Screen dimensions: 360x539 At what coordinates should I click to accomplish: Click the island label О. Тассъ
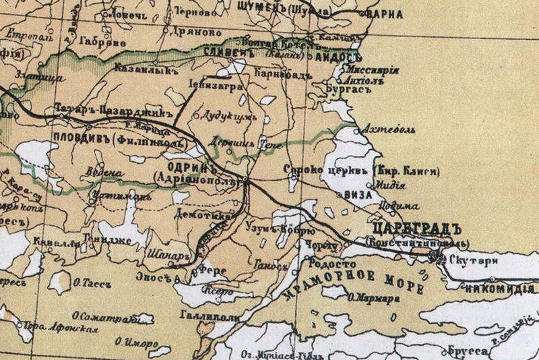[x=90, y=284]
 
